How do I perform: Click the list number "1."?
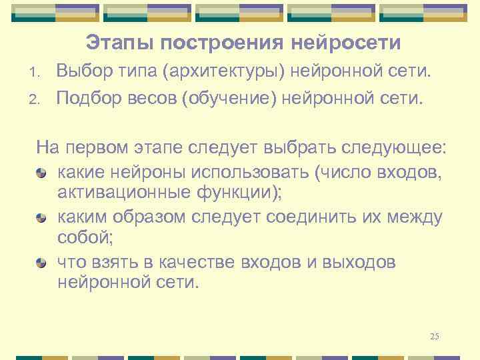point(39,72)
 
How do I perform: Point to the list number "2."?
point(39,100)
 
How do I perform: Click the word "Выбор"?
point(83,71)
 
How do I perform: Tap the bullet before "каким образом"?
point(41,218)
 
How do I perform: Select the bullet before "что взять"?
point(41,263)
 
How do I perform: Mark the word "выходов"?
point(362,262)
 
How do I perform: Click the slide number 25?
point(435,336)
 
